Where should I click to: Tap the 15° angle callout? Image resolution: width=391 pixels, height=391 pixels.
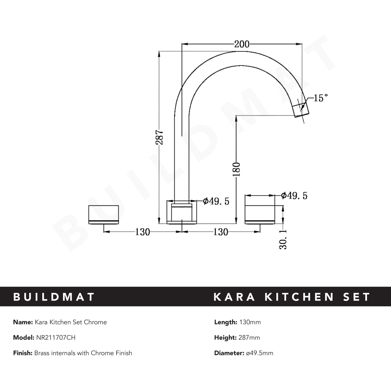click(321, 98)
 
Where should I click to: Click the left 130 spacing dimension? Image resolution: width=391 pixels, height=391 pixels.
click(142, 232)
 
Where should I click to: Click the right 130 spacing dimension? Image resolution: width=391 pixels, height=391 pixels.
click(221, 232)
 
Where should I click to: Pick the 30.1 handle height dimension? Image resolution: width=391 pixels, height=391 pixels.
click(283, 239)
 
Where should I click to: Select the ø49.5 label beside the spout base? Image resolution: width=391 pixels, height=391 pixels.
click(216, 201)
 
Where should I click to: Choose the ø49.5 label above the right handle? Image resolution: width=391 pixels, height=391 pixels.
click(294, 195)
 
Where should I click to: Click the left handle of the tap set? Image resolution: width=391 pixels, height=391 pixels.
click(104, 215)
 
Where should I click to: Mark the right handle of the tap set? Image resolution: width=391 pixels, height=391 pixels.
click(260, 209)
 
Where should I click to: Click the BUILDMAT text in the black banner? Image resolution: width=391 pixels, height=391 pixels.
click(54, 297)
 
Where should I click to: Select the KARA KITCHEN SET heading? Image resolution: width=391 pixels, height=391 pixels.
click(292, 297)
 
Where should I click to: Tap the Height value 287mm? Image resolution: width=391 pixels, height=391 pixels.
click(249, 337)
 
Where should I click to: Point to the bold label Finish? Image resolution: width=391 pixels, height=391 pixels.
click(23, 353)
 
